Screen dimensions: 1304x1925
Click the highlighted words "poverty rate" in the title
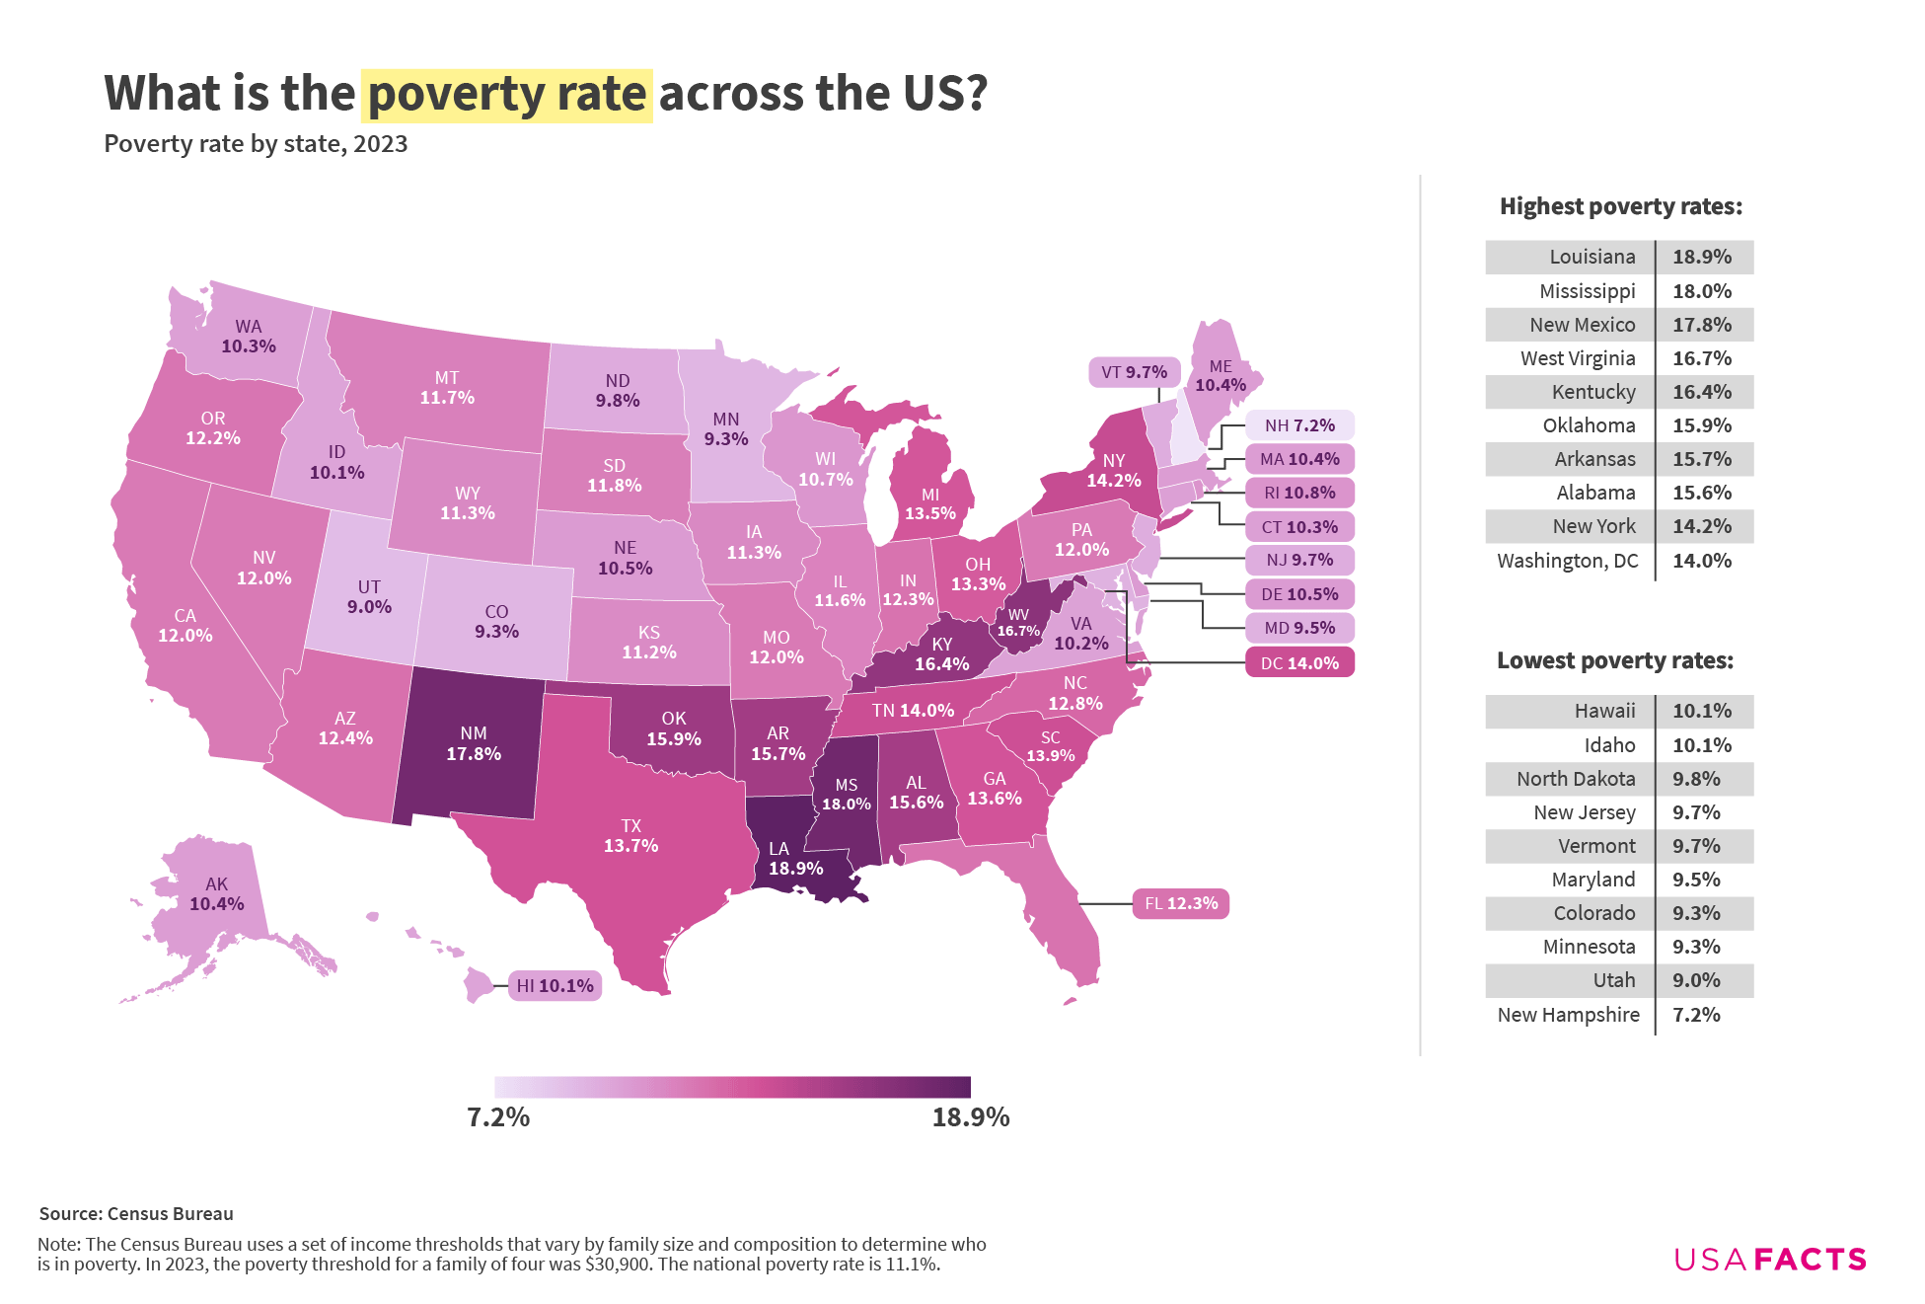point(506,95)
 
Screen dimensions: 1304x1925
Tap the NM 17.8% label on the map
point(474,743)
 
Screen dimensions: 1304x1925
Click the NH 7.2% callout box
point(1299,425)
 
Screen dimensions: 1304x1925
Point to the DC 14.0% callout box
point(1299,663)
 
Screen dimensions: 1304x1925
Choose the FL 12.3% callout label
point(1181,903)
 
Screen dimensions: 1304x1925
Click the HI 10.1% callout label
point(555,985)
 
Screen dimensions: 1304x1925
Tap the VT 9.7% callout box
point(1134,372)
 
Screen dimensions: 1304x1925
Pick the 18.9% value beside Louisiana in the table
point(1702,257)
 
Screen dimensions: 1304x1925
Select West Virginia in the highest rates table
point(1578,358)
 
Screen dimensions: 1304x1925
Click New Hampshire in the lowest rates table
point(1568,1015)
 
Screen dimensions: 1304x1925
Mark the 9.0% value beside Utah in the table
point(1696,980)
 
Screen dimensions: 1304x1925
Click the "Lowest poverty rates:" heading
point(1614,660)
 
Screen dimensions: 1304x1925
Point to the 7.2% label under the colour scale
point(498,1117)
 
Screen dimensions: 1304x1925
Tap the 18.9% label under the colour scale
point(971,1117)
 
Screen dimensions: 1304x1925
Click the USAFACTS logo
point(1770,1260)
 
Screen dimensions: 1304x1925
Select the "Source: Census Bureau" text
point(136,1214)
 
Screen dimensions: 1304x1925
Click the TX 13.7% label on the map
point(631,835)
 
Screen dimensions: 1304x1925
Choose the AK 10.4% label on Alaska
point(217,894)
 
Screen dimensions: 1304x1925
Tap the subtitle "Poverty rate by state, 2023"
point(256,144)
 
